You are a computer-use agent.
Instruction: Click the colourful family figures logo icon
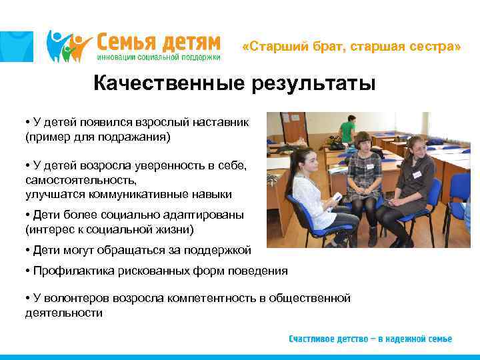point(69,45)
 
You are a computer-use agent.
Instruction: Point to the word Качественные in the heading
point(167,84)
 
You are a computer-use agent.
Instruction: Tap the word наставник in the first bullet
point(221,123)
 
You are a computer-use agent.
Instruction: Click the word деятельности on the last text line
point(64,312)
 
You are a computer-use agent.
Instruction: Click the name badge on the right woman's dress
point(417,174)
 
